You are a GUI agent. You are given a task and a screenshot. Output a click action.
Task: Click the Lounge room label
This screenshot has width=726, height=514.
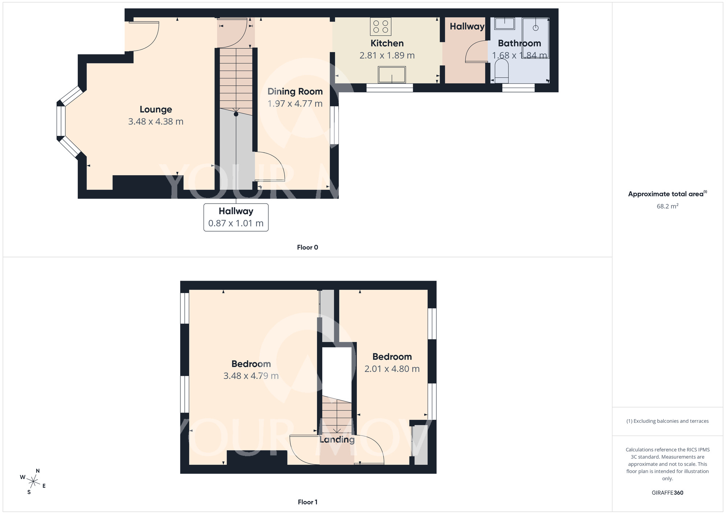click(x=156, y=109)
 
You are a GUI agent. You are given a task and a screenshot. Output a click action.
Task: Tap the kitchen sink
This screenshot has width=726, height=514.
click(x=392, y=75)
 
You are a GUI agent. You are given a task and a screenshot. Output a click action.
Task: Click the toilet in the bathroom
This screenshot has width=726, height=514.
click(x=502, y=71)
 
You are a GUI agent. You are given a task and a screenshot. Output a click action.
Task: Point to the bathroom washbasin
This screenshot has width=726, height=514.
click(x=505, y=24)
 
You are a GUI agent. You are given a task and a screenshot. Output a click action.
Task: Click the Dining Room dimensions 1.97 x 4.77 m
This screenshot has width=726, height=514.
click(x=295, y=104)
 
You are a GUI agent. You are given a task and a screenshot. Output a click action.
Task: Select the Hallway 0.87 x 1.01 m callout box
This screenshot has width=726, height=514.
click(x=236, y=217)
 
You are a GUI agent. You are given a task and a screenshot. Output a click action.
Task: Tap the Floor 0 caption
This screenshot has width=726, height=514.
click(x=307, y=248)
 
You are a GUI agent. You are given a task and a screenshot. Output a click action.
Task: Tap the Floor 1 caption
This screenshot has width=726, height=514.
click(x=307, y=502)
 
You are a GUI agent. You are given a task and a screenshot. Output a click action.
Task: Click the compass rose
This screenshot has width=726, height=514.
click(x=33, y=482)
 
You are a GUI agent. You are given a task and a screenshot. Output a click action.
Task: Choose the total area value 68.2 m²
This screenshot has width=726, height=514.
click(x=667, y=206)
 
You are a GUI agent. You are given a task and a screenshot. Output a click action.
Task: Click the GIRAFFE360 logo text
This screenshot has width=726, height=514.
click(x=667, y=493)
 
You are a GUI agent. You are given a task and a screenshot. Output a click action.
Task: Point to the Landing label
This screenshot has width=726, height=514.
click(x=337, y=439)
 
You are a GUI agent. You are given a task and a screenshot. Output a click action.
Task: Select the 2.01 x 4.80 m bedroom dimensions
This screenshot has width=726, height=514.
click(x=392, y=369)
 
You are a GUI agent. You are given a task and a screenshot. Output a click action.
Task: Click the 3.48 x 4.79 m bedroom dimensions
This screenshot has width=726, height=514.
click(x=251, y=376)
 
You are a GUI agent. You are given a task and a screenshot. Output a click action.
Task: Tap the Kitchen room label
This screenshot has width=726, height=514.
click(x=387, y=43)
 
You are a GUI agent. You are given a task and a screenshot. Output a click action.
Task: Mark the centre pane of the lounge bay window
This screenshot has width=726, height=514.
click(x=61, y=121)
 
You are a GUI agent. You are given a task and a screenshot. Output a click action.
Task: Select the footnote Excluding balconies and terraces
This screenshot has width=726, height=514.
click(x=667, y=421)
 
